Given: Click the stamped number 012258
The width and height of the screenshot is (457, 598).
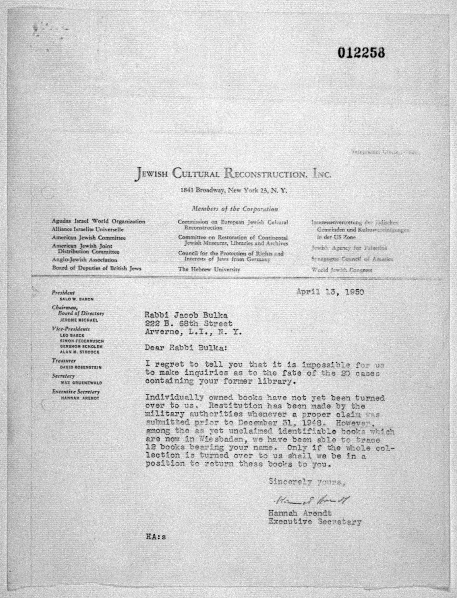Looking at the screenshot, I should point(361,53).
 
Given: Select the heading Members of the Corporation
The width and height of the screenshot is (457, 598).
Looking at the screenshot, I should point(235,209).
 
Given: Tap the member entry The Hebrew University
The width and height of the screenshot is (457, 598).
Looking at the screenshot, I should point(209,269).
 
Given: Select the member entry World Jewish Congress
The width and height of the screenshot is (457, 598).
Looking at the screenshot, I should point(342,270).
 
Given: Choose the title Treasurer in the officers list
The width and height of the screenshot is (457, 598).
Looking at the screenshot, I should point(64,361).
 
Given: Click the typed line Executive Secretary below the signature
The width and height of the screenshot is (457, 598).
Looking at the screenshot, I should point(315,522).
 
